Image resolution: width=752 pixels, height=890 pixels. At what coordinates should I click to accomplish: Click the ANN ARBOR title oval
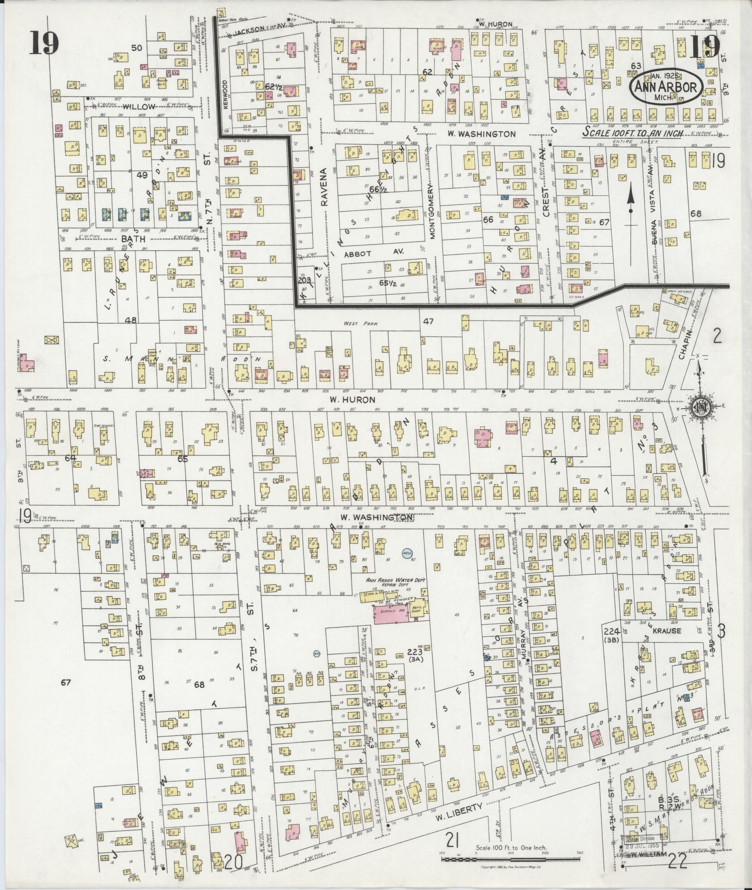[666, 87]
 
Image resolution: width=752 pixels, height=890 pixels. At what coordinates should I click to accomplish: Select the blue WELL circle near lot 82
[406, 553]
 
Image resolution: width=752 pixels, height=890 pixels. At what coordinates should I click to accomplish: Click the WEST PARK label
[354, 324]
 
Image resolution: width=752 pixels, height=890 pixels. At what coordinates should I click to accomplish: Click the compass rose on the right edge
[700, 407]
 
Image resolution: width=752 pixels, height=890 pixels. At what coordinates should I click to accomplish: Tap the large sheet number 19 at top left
[45, 44]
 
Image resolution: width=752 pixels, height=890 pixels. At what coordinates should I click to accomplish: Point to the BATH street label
[133, 239]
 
